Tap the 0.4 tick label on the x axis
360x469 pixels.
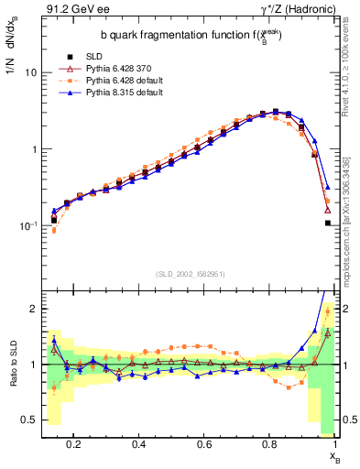pyautogui.click(x=140, y=443)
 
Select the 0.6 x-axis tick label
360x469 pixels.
pyautogui.click(x=205, y=443)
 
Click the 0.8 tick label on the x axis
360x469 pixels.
pyautogui.click(x=271, y=443)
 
